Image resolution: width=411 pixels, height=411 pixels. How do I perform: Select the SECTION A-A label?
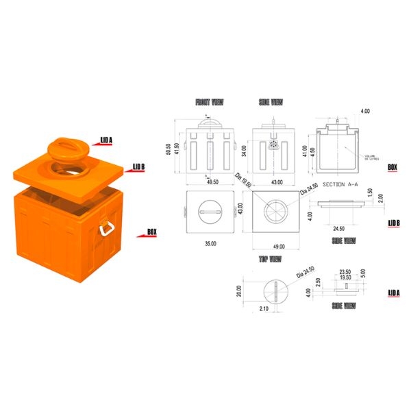point(338,185)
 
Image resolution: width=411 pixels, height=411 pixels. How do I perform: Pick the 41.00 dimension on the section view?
point(306,149)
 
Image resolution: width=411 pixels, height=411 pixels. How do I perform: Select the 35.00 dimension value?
point(210,243)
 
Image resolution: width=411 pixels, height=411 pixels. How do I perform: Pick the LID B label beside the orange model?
point(138,166)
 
